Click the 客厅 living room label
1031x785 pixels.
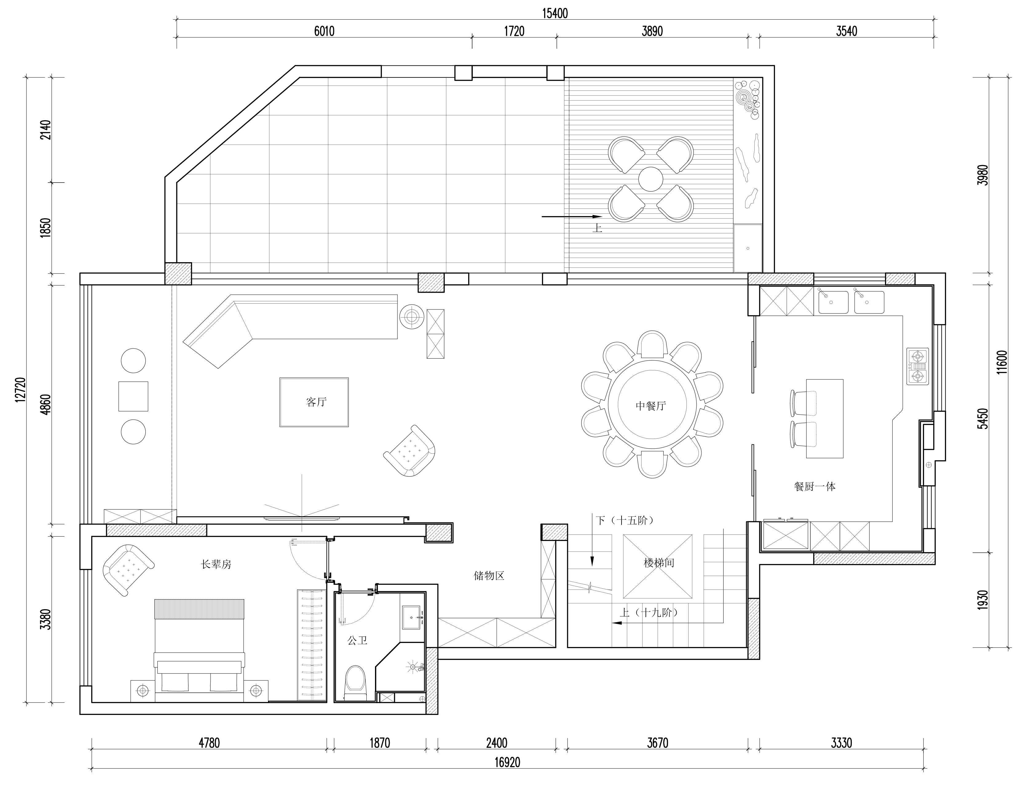point(316,402)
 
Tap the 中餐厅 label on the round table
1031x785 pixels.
point(650,406)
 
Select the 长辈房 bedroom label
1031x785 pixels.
point(216,564)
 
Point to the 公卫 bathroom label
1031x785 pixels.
point(357,641)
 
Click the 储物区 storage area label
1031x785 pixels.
point(489,576)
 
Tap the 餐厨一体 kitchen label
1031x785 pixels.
point(815,487)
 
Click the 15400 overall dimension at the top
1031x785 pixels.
point(555,14)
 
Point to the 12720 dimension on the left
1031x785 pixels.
point(20,390)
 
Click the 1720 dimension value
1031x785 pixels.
point(514,31)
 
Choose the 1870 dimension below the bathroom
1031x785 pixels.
point(380,743)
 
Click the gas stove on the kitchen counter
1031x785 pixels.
point(918,366)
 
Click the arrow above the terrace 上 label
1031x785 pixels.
point(571,217)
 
